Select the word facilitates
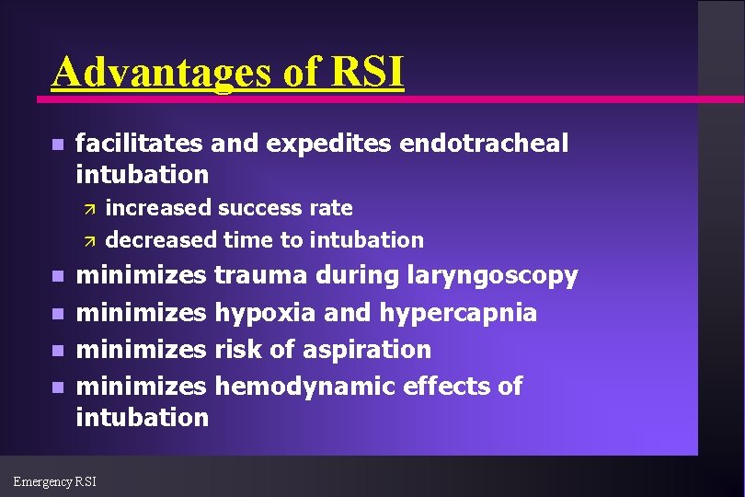140,144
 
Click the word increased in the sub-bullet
158,208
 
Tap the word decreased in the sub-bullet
162,240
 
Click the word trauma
262,275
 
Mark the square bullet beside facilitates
57,144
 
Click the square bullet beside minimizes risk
57,351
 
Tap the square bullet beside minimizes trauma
57,276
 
